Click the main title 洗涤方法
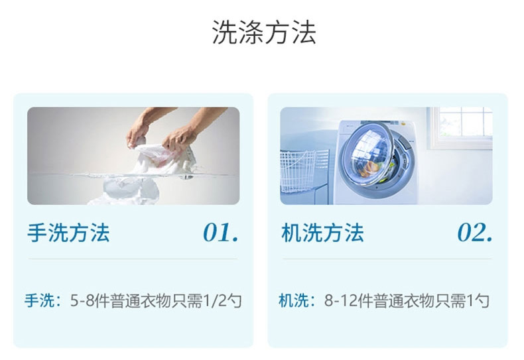tap(264, 32)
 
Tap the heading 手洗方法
tap(68, 233)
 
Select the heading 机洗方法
tap(322, 233)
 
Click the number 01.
tap(221, 233)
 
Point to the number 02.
tap(475, 233)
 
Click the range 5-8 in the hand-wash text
tap(82, 301)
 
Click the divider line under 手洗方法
tap(133, 259)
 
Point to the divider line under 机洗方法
tap(387, 259)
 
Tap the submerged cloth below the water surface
tap(130, 191)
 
